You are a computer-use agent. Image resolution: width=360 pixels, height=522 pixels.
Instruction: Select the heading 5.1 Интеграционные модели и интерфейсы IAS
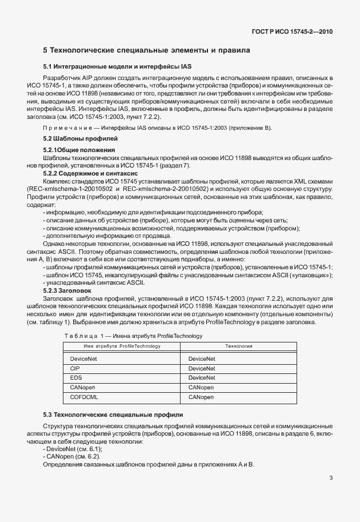tap(110, 67)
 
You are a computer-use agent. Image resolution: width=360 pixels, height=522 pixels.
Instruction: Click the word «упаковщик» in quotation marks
tap(314, 275)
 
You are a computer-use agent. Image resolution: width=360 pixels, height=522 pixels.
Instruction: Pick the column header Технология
tap(238, 346)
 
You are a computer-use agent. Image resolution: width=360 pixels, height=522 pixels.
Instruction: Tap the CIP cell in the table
tap(75, 368)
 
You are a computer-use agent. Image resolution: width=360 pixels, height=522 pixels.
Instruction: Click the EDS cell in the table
tap(75, 377)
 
